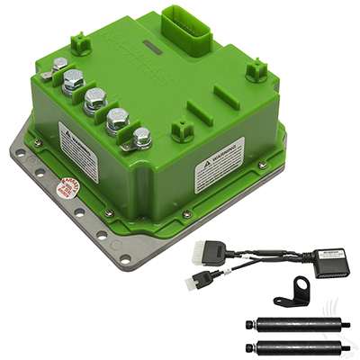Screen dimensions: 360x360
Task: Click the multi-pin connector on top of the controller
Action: click(192, 29)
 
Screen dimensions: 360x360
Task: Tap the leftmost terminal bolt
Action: click(59, 65)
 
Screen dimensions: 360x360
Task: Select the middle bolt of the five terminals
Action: click(95, 98)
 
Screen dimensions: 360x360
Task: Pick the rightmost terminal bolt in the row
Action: click(141, 137)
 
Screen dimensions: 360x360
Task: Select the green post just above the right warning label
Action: click(184, 130)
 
